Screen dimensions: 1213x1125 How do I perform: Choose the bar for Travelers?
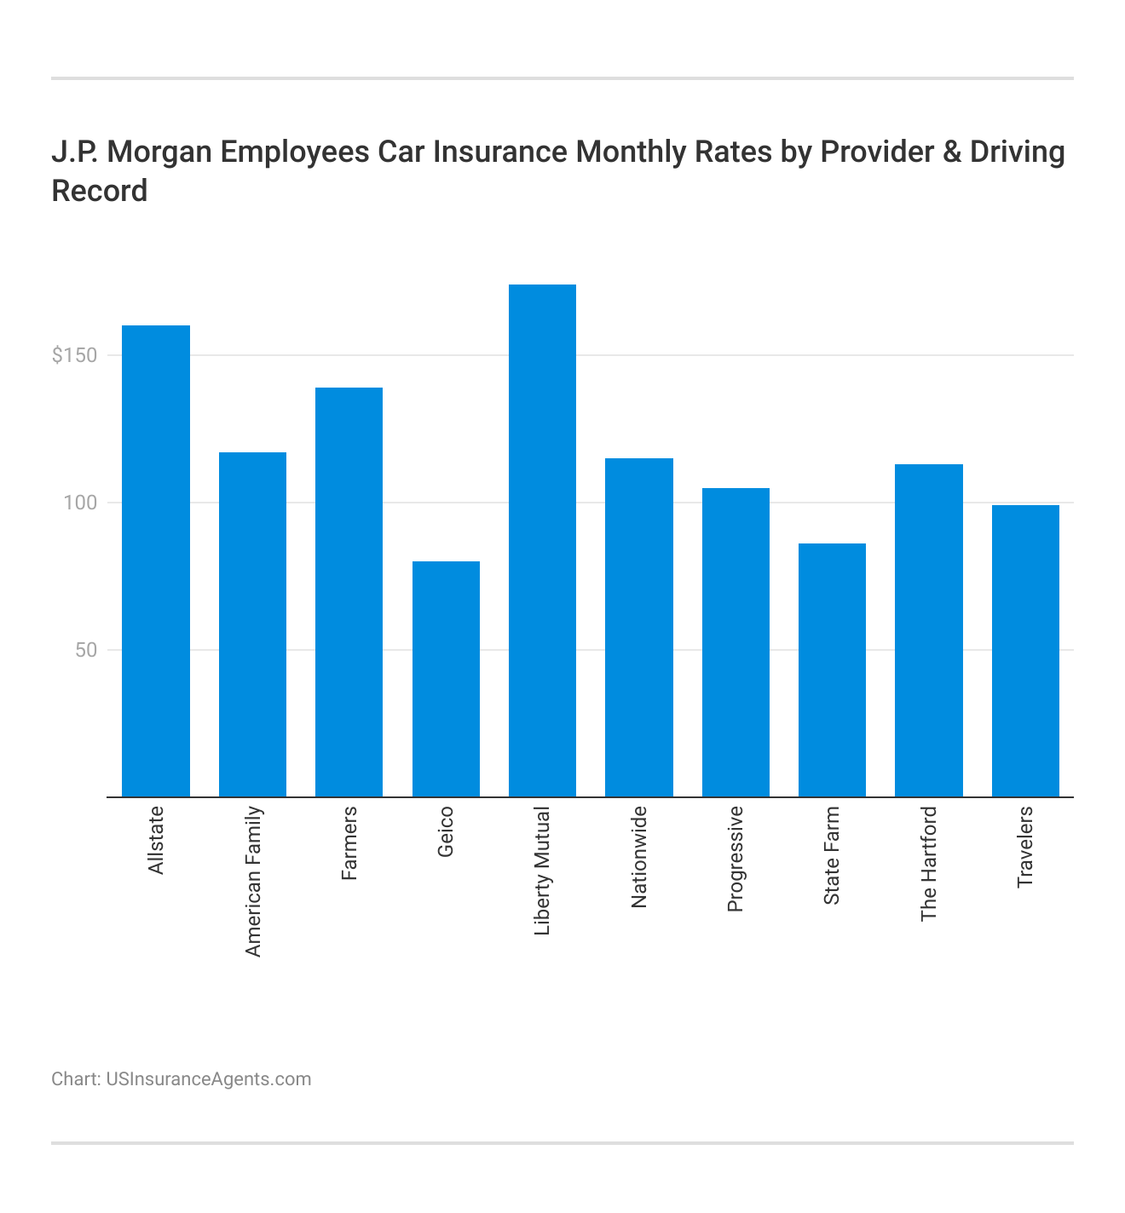point(1025,651)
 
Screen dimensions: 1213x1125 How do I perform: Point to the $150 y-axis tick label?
point(74,355)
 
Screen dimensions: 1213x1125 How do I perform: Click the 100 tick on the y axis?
point(81,503)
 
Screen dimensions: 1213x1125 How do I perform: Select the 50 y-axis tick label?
point(85,650)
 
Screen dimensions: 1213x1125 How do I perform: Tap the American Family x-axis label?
point(253,881)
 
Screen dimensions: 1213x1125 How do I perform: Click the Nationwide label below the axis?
point(639,857)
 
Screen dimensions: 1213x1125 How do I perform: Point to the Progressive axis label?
point(736,859)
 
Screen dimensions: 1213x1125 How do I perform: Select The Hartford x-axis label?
point(929,863)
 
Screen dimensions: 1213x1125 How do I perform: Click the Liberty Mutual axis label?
point(543,871)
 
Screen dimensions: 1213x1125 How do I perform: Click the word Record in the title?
point(100,191)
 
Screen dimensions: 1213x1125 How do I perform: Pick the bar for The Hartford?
point(928,630)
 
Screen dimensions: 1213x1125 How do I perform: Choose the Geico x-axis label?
point(446,831)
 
